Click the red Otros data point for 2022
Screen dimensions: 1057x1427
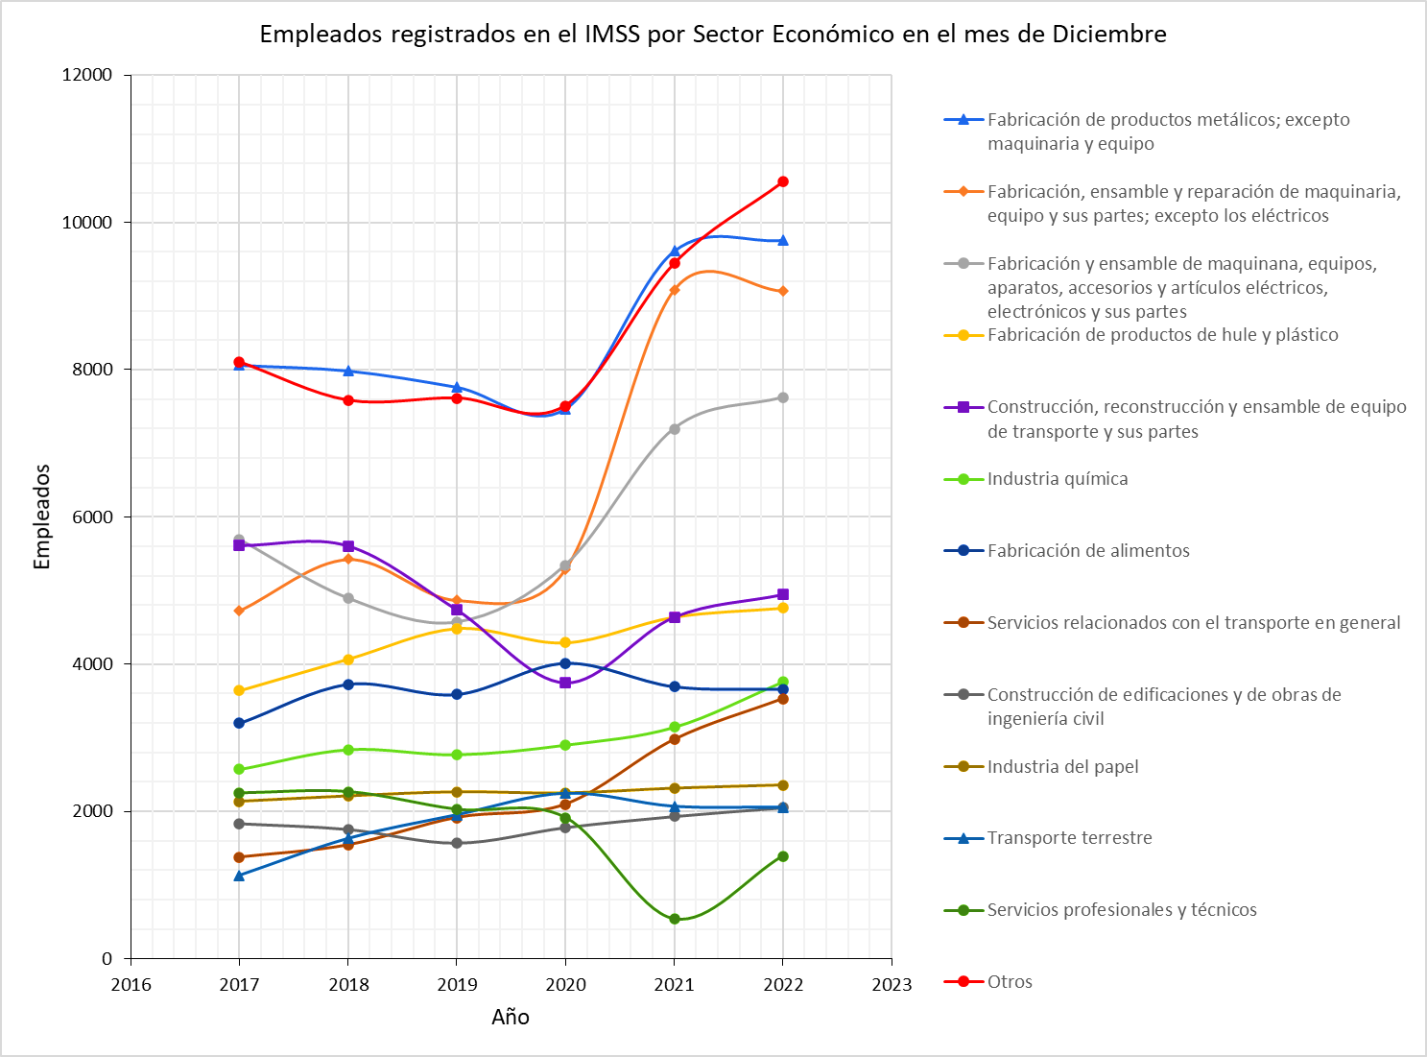[x=783, y=181]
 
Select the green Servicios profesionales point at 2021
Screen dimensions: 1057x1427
[x=675, y=919]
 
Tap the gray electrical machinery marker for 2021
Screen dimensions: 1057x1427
[x=675, y=429]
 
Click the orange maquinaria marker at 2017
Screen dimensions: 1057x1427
[x=239, y=611]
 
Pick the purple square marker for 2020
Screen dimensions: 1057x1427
[x=565, y=683]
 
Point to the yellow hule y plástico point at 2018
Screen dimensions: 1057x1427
[x=348, y=660]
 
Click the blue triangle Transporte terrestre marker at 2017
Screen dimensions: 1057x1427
[x=239, y=876]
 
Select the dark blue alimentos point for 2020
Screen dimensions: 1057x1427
[x=565, y=663]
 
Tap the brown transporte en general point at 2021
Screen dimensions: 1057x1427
[x=675, y=738]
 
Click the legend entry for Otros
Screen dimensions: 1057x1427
[x=1010, y=981]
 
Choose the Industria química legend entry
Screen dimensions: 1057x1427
[x=1057, y=478]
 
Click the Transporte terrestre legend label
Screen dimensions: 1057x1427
[x=1069, y=838]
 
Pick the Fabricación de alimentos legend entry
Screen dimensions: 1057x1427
[x=1088, y=550]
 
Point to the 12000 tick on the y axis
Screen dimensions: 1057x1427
[x=87, y=75]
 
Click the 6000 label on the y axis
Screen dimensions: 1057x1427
[x=92, y=516]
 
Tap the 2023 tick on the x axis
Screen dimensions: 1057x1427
[x=892, y=984]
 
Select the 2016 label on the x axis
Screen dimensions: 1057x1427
[x=131, y=984]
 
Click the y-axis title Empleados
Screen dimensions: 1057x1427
[x=41, y=516]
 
